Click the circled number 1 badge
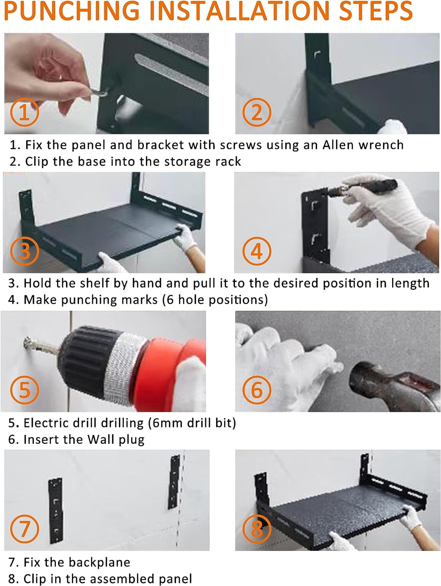(25, 112)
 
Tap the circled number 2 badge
(257, 112)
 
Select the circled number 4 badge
(257, 251)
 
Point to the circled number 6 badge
(257, 390)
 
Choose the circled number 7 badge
(25, 529)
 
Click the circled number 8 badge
(257, 529)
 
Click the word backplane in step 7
(100, 562)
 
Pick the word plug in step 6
(132, 440)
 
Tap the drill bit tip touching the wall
(27, 341)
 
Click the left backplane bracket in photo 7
(55, 511)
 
